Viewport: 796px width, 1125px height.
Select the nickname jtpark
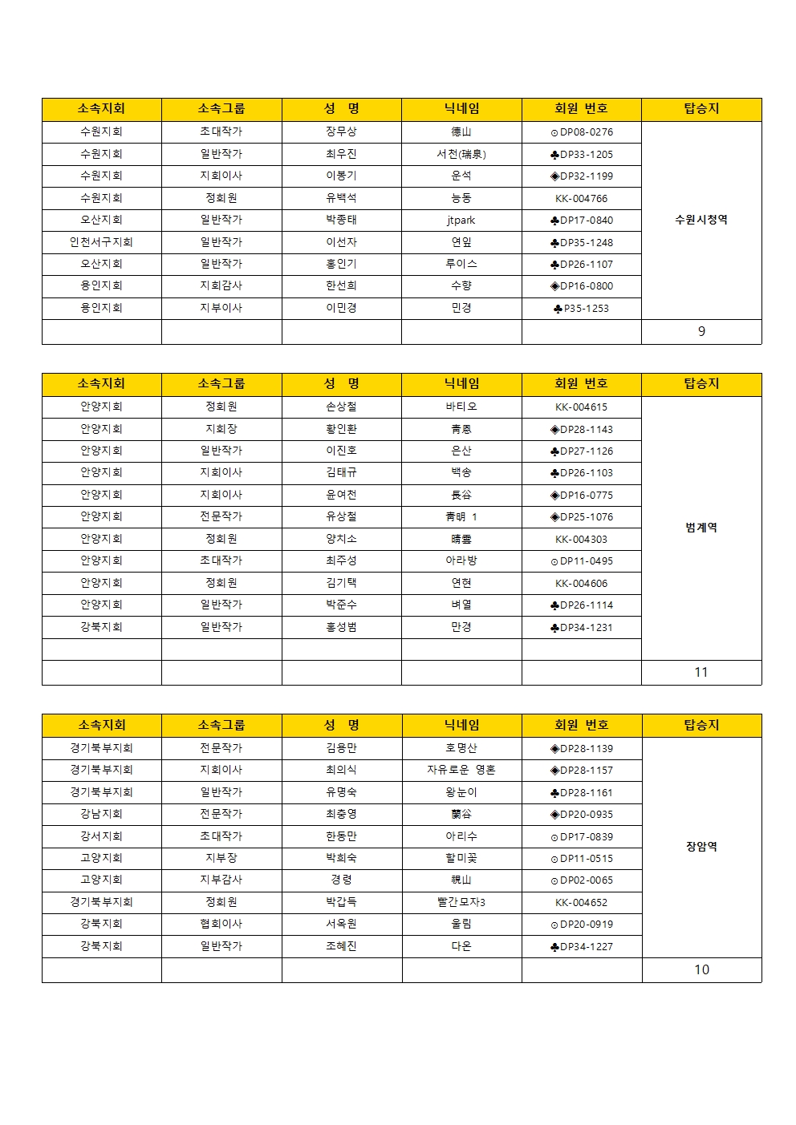pos(461,220)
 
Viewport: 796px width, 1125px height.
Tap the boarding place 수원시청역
pos(701,220)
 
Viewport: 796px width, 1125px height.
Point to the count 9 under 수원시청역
pos(701,331)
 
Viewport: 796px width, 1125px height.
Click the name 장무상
pos(341,132)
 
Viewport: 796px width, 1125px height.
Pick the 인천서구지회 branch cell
pos(101,242)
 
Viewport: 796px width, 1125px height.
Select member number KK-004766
pos(582,198)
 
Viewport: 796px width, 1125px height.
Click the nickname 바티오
pos(461,407)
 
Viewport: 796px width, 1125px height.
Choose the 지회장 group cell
pos(221,429)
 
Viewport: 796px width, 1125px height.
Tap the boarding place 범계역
pos(701,528)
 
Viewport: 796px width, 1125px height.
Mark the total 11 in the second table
pos(701,673)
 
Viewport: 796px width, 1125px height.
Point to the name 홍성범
pos(341,627)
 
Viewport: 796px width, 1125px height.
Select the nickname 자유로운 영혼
pos(461,770)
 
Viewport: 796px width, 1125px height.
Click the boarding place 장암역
pos(701,847)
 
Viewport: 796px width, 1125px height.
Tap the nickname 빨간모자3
pos(461,902)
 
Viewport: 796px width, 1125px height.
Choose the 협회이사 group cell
pos(221,924)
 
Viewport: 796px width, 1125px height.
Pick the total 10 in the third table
pos(701,970)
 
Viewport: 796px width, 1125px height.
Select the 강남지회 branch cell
pos(101,814)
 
